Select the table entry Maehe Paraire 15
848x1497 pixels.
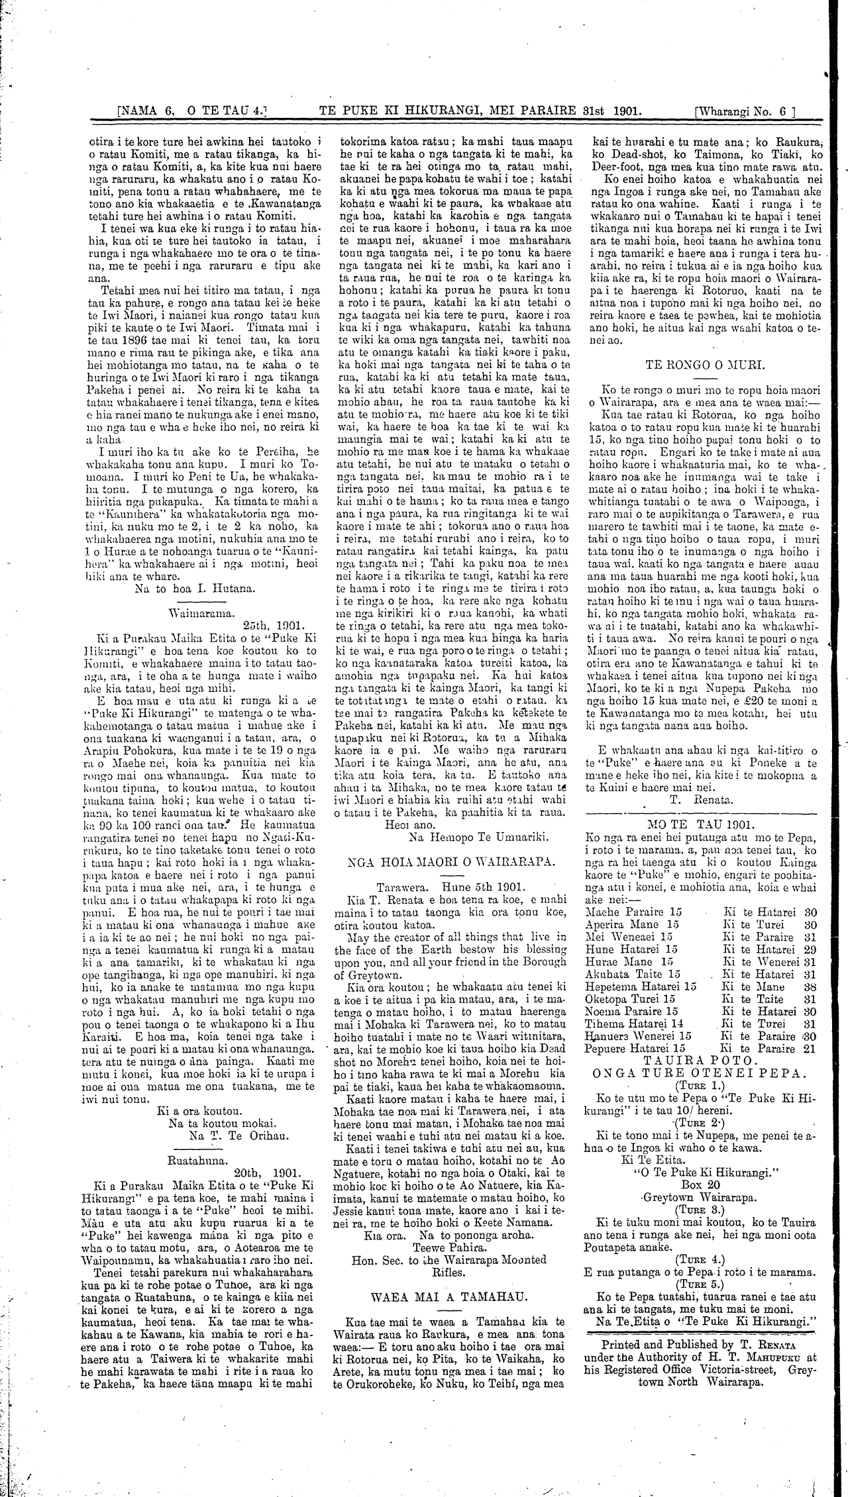point(634,912)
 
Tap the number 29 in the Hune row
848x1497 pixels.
point(810,949)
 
